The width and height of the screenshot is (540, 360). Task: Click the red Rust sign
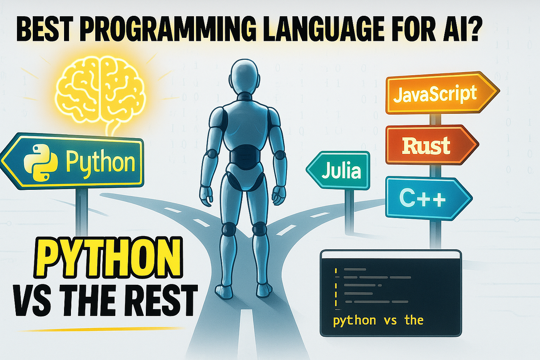point(431,145)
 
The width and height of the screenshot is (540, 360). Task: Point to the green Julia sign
point(339,171)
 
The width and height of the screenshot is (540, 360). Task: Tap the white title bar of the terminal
point(390,254)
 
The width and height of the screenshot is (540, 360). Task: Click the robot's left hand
point(206,196)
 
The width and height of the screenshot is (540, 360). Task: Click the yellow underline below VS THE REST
point(101,329)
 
